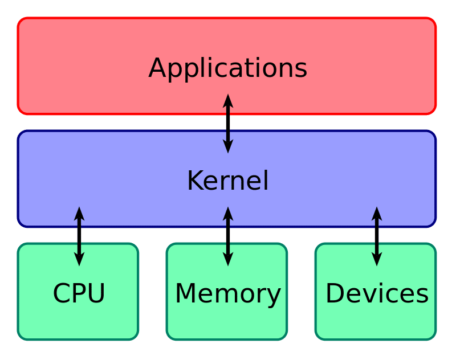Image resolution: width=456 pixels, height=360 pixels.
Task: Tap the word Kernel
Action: pyautogui.click(x=227, y=181)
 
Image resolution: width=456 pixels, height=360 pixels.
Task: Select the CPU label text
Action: pyautogui.click(x=79, y=294)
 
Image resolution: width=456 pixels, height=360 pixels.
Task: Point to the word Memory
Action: pyautogui.click(x=227, y=294)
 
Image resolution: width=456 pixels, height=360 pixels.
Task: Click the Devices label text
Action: pyautogui.click(x=377, y=294)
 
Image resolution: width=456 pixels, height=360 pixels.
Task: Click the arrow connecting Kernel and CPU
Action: pyautogui.click(x=79, y=236)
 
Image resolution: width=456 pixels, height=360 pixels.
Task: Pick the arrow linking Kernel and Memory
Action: pyautogui.click(x=228, y=236)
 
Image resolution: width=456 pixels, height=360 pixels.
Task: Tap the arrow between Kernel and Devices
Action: pyautogui.click(x=376, y=236)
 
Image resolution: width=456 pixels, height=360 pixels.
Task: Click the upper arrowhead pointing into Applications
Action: pyautogui.click(x=228, y=102)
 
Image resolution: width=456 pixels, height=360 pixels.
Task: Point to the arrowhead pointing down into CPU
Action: pyautogui.click(x=79, y=259)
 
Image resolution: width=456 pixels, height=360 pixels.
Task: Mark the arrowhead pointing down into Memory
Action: pyautogui.click(x=228, y=259)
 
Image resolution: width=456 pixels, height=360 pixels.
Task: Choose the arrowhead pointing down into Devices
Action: pyautogui.click(x=376, y=259)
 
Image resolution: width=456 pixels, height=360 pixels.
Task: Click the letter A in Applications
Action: pyautogui.click(x=157, y=68)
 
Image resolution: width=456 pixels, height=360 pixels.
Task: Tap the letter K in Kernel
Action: pyautogui.click(x=195, y=181)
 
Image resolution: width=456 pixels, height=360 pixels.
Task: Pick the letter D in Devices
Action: pyautogui.click(x=335, y=294)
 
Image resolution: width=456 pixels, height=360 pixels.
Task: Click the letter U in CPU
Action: pyautogui.click(x=96, y=294)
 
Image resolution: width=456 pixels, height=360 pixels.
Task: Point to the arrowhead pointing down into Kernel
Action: pyautogui.click(x=228, y=146)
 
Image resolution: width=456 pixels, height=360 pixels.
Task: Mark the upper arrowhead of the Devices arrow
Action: pyautogui.click(x=376, y=214)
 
